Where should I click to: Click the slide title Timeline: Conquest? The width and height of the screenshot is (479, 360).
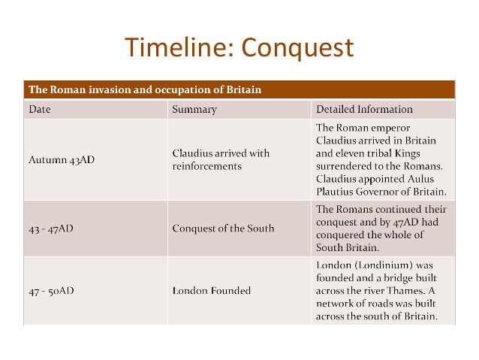(x=239, y=47)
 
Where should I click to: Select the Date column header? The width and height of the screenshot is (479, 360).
(x=40, y=110)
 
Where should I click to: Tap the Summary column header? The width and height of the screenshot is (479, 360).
(x=194, y=110)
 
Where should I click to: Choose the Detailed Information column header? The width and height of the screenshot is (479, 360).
(x=364, y=110)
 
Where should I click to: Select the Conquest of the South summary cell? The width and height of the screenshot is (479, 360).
(x=223, y=228)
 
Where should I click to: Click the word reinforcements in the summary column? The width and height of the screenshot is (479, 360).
(x=207, y=166)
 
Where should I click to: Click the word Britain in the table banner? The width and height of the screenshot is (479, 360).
(x=242, y=89)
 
